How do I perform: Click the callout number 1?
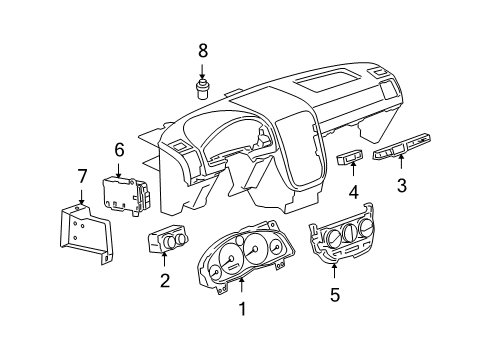coord(241,311)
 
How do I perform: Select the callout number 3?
coord(401,185)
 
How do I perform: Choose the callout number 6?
coord(119,149)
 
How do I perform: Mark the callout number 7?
coord(82,177)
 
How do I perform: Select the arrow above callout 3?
coord(401,165)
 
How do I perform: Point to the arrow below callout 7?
coord(82,196)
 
